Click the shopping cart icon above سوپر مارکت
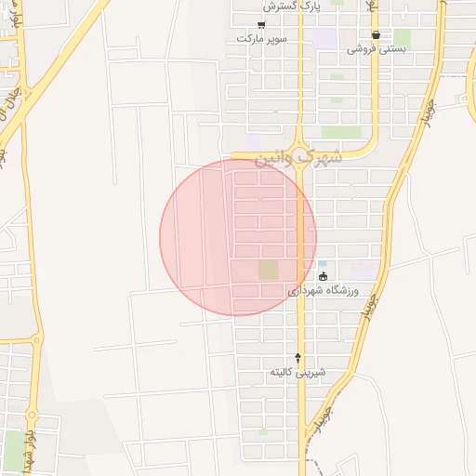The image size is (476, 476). coord(261,24)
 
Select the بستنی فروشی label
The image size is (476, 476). coord(377,48)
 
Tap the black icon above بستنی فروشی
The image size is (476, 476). coord(376,35)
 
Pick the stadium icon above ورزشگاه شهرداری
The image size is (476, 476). coord(323,276)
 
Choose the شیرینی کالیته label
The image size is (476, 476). coord(297,372)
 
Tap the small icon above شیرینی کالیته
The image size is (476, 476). coord(297,357)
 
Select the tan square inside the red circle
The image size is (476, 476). coord(268,271)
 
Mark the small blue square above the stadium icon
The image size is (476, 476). coord(322,264)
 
